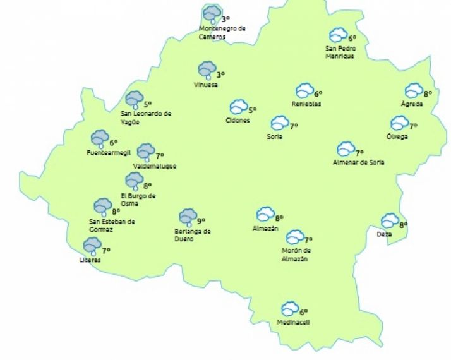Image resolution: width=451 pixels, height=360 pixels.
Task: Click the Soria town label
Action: (274, 136)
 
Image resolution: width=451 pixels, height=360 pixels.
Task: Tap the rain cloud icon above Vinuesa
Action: (207, 69)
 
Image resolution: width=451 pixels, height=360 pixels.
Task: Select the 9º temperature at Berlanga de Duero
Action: (201, 221)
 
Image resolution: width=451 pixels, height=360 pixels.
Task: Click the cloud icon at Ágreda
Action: (414, 91)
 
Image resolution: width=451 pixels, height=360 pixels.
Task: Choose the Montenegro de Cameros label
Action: (222, 32)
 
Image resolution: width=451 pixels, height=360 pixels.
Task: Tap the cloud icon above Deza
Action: (389, 220)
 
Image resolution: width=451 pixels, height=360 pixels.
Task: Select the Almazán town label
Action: (265, 229)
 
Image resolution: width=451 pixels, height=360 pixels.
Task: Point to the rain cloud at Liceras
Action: (92, 246)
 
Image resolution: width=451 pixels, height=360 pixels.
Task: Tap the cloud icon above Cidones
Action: (238, 107)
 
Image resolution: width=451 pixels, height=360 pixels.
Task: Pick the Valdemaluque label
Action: (155, 166)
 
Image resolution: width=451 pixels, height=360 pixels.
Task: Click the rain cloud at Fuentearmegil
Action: (99, 138)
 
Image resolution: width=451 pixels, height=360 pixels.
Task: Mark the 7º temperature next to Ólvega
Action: (414, 126)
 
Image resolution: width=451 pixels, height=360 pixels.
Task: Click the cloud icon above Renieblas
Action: (305, 91)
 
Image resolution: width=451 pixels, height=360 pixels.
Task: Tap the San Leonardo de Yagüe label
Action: (146, 117)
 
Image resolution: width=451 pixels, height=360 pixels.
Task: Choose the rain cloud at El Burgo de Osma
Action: (134, 181)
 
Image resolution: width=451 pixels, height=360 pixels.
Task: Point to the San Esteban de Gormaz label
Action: (112, 225)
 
